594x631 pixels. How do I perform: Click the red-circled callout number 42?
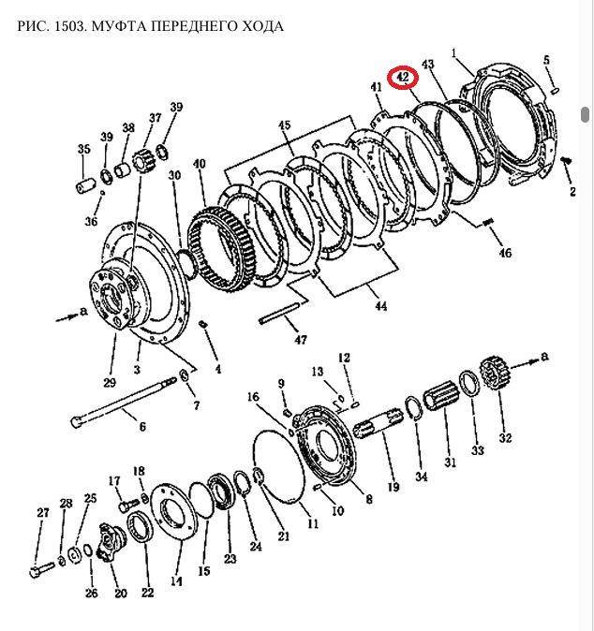pos(404,76)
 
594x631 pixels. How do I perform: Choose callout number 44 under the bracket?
pos(379,305)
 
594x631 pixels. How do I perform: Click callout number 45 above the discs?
pos(285,125)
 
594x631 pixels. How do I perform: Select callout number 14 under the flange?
pos(176,580)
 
